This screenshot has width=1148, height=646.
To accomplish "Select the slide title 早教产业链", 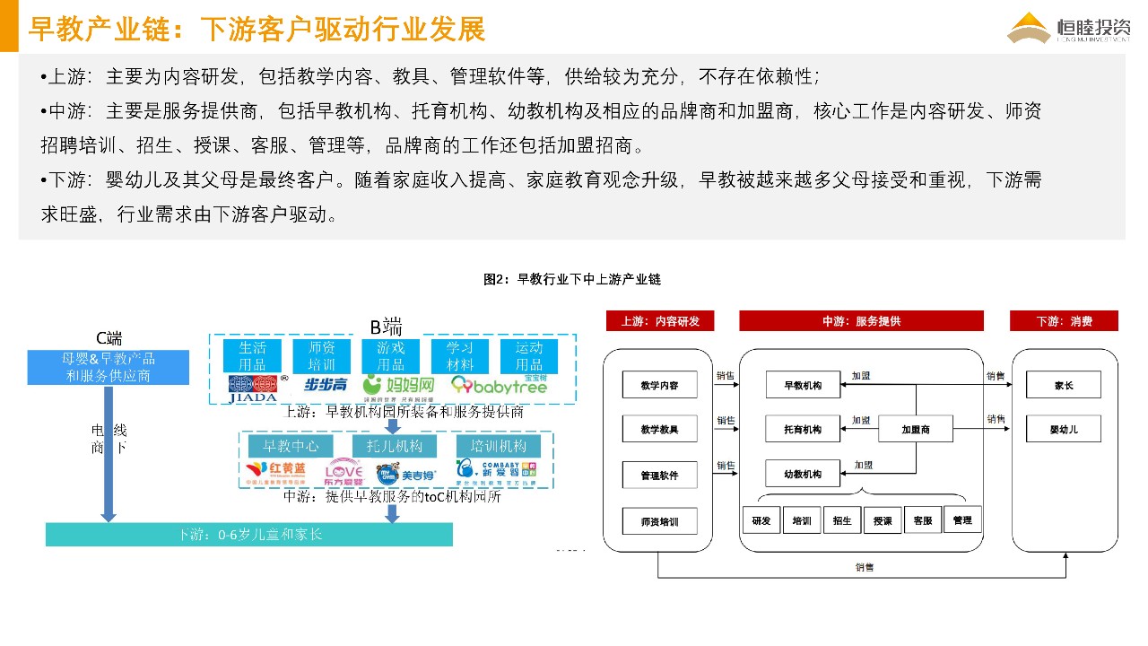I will click(x=257, y=29).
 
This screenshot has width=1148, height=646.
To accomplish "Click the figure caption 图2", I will click(x=572, y=279).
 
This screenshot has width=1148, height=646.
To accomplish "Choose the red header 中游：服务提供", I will click(x=861, y=321).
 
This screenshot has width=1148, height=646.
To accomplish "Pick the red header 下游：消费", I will click(x=1065, y=321).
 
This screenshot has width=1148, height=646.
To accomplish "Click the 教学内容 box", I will click(x=659, y=386).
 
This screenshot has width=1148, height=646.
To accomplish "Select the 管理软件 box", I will click(x=659, y=476).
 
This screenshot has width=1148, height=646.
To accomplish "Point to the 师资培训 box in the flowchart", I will click(x=659, y=520).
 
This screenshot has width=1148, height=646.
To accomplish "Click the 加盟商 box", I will click(x=916, y=430).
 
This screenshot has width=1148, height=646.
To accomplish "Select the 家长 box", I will click(x=1064, y=386).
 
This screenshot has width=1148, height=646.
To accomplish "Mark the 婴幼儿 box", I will click(x=1064, y=430).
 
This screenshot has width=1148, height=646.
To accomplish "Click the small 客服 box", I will click(x=923, y=520).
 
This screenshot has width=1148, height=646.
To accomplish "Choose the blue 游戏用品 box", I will click(x=391, y=356).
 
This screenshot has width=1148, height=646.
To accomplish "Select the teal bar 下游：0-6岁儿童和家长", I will click(x=249, y=535).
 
